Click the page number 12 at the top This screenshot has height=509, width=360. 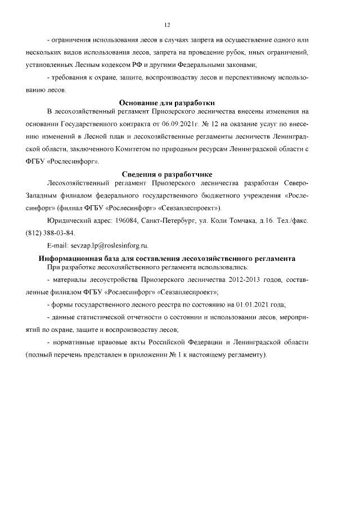click(167, 25)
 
